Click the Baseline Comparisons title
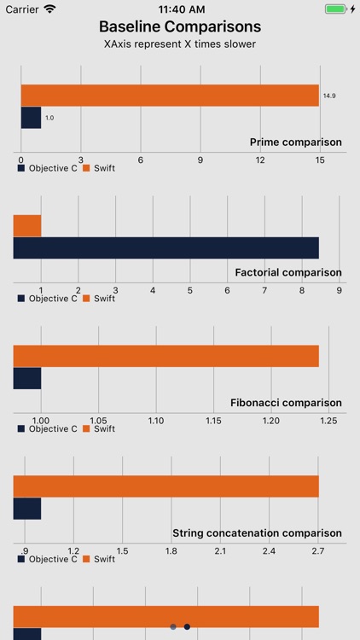coord(179,27)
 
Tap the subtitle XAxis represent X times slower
coord(179,44)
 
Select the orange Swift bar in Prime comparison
coord(169,96)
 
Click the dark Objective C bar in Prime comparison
coord(31,118)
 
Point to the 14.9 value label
coord(329,96)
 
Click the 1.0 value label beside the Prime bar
coord(49,118)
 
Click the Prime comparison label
coord(295,142)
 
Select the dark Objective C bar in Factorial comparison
coord(165,247)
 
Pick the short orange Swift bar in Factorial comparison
coord(27,225)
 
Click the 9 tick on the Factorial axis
coord(339,290)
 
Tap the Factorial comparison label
coord(288,272)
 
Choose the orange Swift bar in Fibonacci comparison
coord(165,356)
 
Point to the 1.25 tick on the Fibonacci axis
coord(328,421)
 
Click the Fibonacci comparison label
coord(286,402)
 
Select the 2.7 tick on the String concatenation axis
coord(318,551)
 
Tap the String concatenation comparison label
coord(257,532)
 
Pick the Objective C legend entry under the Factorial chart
coord(48,299)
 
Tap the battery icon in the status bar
coord(337,9)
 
